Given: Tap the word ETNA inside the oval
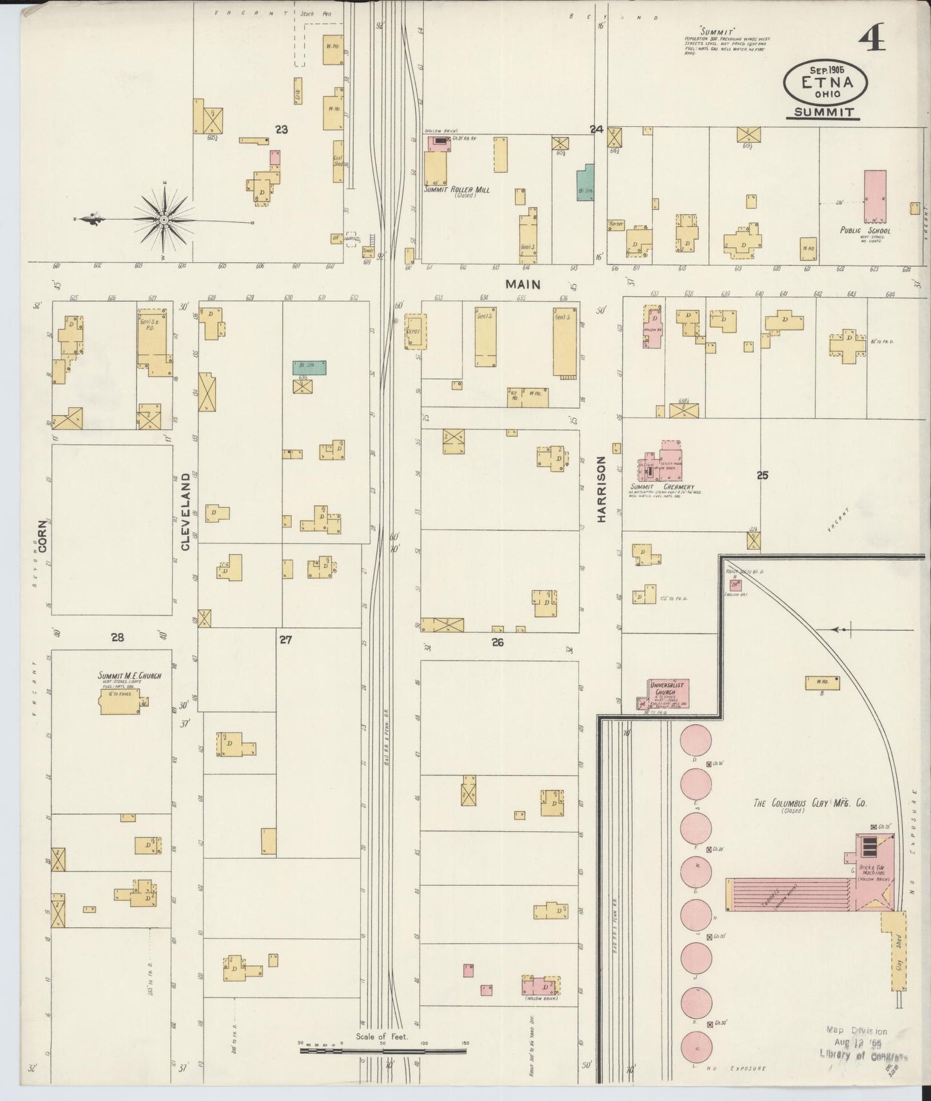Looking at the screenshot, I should tap(827, 82).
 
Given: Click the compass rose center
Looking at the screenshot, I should tap(165, 220).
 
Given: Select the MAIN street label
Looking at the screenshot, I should tap(523, 283).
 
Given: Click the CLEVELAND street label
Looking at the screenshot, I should tap(186, 511).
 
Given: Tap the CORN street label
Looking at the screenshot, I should tap(43, 536).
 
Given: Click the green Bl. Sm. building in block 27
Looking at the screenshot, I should tap(309, 367).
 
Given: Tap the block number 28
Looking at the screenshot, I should tap(117, 637).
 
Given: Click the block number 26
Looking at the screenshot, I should tap(497, 642).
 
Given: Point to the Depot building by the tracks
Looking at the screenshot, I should tap(414, 332).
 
